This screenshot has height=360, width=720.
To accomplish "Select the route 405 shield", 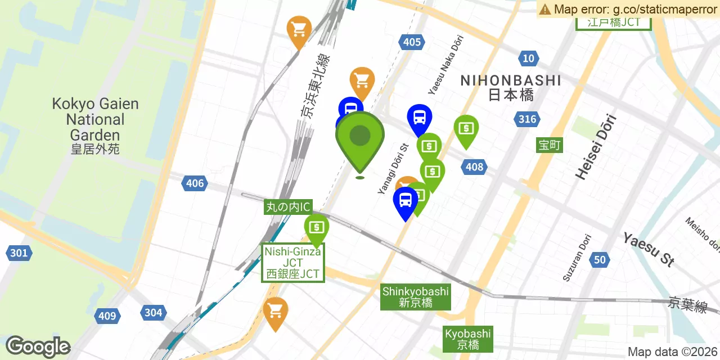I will [x=412, y=42].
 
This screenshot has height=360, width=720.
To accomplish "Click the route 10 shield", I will [x=528, y=58].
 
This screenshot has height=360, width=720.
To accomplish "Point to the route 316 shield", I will [x=527, y=119].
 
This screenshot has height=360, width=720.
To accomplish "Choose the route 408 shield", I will [x=474, y=166].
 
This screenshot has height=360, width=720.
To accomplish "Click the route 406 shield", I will [x=195, y=183].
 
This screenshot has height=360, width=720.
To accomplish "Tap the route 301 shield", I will [x=19, y=253].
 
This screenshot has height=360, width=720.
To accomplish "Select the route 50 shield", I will [x=600, y=259].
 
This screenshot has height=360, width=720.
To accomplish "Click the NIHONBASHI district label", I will [x=510, y=87].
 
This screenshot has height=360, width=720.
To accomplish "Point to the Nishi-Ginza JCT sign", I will [x=292, y=263].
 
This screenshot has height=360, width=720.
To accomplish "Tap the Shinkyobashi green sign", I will [x=416, y=296].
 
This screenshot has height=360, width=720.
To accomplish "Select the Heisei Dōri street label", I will [x=596, y=147].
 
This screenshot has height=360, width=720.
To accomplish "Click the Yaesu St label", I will [x=649, y=249].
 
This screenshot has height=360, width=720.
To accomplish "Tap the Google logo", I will [x=38, y=346].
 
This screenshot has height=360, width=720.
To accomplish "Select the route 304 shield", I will [x=153, y=313].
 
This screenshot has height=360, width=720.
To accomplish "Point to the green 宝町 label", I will [x=549, y=145].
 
